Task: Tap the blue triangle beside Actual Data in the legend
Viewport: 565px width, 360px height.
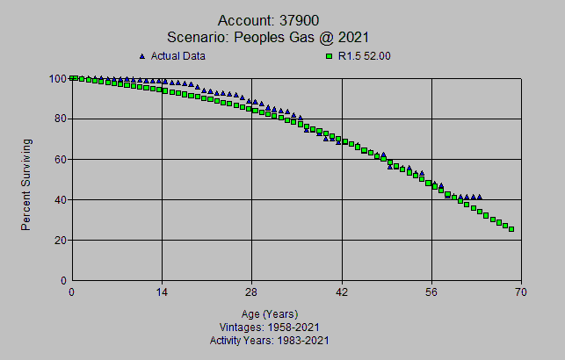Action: click(x=142, y=56)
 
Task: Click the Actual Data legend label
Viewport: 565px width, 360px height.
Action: click(x=178, y=56)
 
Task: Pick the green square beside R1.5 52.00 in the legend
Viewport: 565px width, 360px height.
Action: click(x=330, y=56)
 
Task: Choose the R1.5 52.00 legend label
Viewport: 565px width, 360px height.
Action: click(x=365, y=56)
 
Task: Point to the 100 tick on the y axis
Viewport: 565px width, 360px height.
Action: click(x=57, y=78)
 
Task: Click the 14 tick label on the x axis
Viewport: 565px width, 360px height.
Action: click(x=162, y=292)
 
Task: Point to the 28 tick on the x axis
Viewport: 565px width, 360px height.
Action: click(x=252, y=292)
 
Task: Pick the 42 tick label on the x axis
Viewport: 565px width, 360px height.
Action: click(x=343, y=292)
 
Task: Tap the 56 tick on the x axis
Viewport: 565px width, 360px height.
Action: click(x=432, y=292)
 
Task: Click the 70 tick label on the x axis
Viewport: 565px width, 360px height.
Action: click(x=522, y=292)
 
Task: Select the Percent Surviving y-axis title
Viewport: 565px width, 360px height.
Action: click(x=26, y=184)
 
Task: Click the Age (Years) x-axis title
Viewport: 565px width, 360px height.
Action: click(x=270, y=313)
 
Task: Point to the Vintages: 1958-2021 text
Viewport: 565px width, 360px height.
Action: click(x=270, y=327)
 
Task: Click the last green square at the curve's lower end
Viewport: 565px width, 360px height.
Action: click(x=511, y=229)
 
